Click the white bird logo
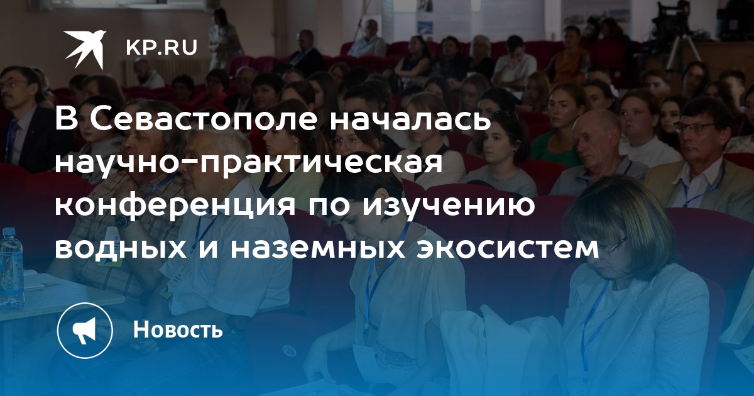coord(84,49)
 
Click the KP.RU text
coord(161,48)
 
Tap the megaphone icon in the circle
coord(85,331)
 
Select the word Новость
coord(178,329)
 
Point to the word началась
coord(410,119)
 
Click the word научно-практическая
coord(249,163)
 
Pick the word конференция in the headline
coord(175,206)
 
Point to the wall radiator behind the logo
coord(165,72)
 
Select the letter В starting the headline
coord(67,119)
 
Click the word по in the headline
coord(329,208)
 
